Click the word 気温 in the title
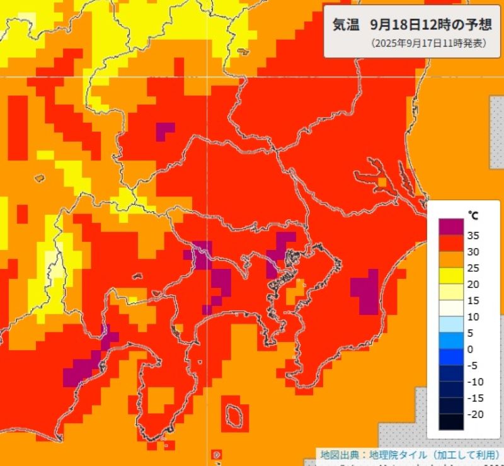tap(346, 25)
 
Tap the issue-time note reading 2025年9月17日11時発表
tap(420, 43)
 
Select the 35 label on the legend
tap(473, 236)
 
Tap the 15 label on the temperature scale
tap(473, 300)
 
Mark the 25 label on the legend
tap(473, 268)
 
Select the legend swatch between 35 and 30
tap(450, 243)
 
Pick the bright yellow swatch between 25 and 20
tap(450, 276)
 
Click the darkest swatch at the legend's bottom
tap(450, 422)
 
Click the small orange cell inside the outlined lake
tap(382, 182)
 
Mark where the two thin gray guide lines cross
tap(209, 77)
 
